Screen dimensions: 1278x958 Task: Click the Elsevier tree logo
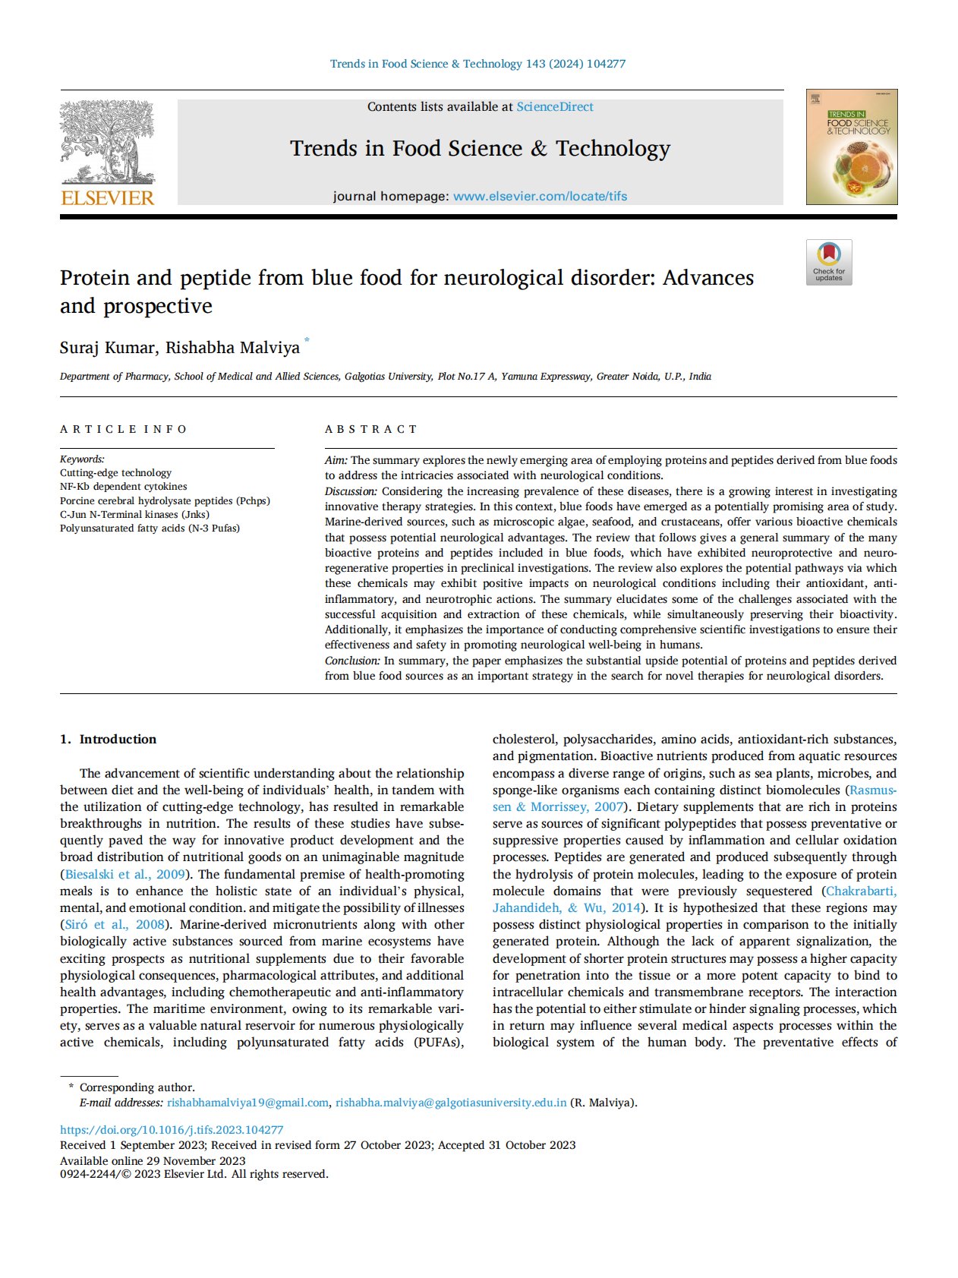[x=107, y=142]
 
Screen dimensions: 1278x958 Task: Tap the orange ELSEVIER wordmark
[x=107, y=198]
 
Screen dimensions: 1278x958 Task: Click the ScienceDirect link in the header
[x=555, y=107]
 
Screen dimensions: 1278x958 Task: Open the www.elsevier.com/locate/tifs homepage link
[x=540, y=196]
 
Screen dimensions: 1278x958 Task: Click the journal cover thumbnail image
[x=851, y=147]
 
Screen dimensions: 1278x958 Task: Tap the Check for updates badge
[x=829, y=262]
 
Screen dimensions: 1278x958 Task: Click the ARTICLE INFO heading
[x=123, y=429]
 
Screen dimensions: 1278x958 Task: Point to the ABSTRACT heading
[x=370, y=429]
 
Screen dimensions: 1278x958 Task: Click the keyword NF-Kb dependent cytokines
[x=123, y=487]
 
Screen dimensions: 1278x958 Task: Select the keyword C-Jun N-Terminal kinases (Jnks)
[x=134, y=514]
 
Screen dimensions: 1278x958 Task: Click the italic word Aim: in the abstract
[x=336, y=460]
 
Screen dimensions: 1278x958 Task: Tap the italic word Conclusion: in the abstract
[x=352, y=661]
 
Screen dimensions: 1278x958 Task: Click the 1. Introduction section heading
[x=108, y=739]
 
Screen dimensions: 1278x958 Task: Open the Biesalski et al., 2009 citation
[x=125, y=874]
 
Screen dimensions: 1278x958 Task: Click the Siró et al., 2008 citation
[x=115, y=924]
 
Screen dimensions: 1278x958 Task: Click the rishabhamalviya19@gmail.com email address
[x=247, y=1103]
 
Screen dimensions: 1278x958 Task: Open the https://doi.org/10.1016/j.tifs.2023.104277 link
[x=172, y=1130]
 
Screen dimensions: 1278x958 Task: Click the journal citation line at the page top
[x=477, y=64]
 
